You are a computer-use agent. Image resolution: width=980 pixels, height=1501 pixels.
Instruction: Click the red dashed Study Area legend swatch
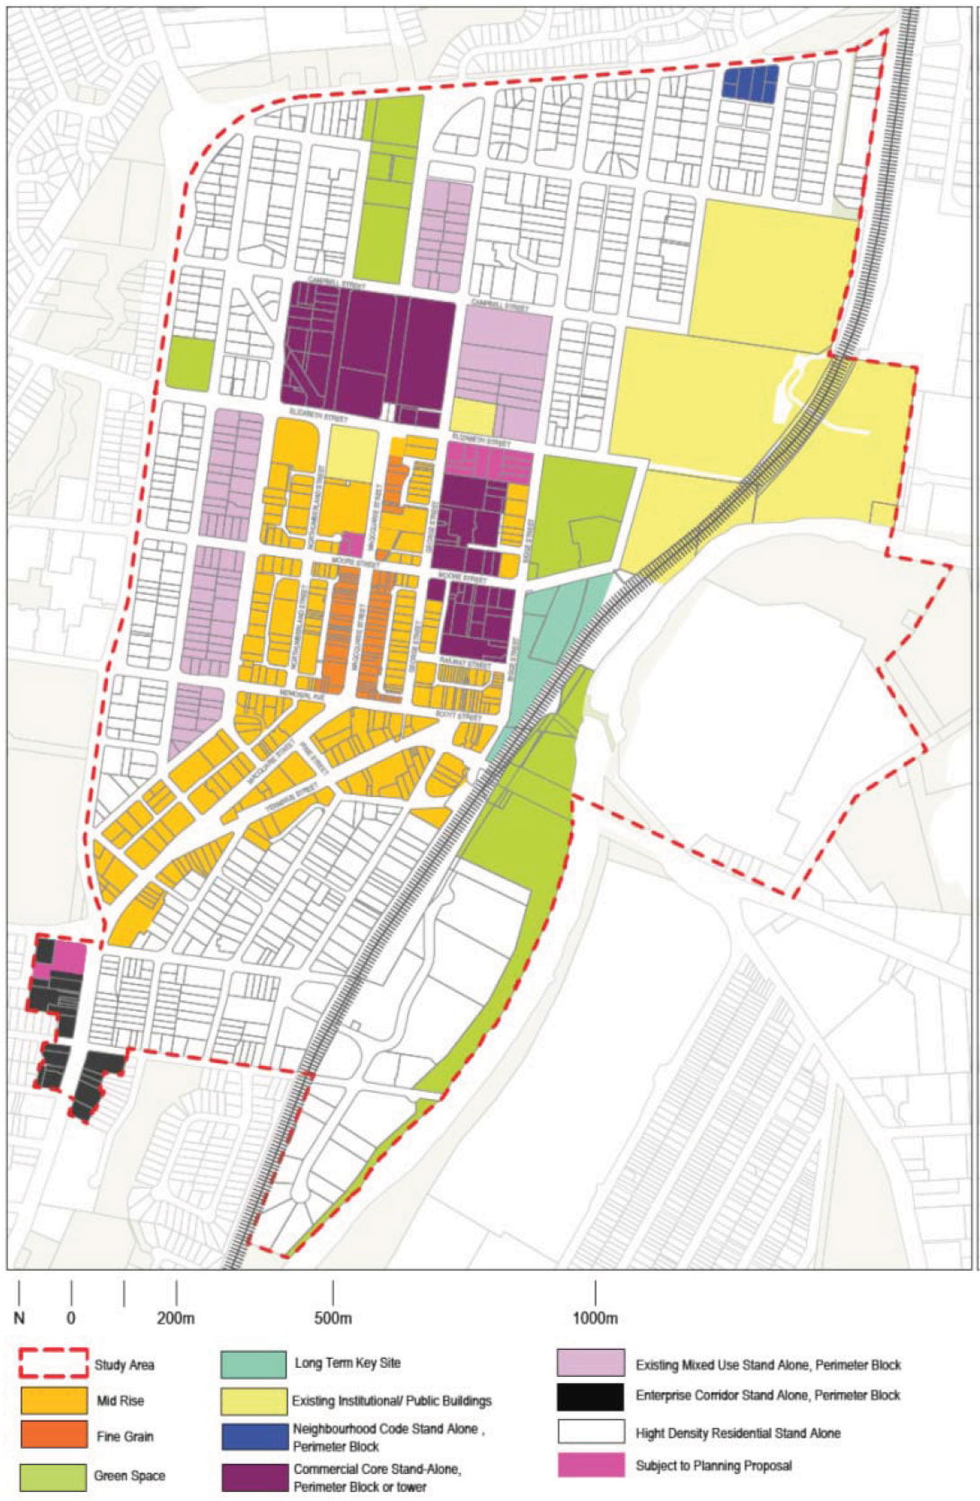click(x=54, y=1363)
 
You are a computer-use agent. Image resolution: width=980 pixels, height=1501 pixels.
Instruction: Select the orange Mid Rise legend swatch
click(x=54, y=1400)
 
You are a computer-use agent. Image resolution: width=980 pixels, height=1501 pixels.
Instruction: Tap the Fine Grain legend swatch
click(x=54, y=1435)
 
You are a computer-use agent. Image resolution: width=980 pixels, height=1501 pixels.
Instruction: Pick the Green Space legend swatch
click(x=54, y=1475)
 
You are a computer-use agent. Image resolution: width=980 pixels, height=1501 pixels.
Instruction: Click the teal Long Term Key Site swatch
click(x=253, y=1363)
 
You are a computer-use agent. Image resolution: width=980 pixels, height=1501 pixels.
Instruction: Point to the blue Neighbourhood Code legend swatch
click(x=253, y=1435)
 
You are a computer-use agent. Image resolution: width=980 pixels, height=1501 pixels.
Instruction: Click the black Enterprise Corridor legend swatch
click(x=589, y=1396)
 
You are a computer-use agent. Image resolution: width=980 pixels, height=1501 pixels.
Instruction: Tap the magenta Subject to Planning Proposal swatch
click(x=589, y=1465)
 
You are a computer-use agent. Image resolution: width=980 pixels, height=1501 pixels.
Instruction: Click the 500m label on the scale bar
click(x=332, y=1319)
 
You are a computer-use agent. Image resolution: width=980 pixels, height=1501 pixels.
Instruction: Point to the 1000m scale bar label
click(x=595, y=1319)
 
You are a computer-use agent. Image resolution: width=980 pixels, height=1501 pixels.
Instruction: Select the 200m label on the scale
click(x=176, y=1319)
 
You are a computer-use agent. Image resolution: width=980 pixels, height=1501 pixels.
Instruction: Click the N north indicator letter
click(x=19, y=1319)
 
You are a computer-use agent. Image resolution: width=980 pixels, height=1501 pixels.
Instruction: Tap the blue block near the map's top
click(x=749, y=84)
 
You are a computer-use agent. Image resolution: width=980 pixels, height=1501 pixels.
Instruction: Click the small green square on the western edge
click(x=190, y=364)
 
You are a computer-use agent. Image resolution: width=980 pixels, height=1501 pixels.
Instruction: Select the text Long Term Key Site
click(x=348, y=1363)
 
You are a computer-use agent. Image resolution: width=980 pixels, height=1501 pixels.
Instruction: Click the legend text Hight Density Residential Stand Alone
click(x=737, y=1433)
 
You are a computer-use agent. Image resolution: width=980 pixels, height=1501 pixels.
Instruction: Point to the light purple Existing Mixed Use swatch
click(x=589, y=1363)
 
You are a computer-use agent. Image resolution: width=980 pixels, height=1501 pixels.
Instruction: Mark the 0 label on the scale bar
click(x=71, y=1319)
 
